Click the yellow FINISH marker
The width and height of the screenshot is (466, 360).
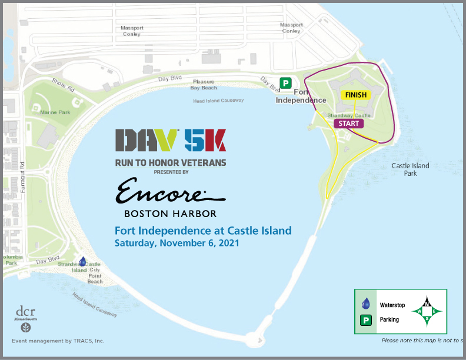[x=355, y=95]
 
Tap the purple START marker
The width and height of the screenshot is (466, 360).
[x=348, y=124]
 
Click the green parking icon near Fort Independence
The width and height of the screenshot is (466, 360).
[x=285, y=83]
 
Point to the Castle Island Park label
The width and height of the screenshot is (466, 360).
[x=411, y=169]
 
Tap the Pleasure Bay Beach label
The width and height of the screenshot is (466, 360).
[x=204, y=85]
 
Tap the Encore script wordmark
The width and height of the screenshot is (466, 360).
[x=170, y=192]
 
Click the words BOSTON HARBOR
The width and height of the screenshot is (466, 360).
[x=171, y=213]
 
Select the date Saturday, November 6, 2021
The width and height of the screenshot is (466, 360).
[x=177, y=242]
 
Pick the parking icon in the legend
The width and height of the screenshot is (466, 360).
[x=365, y=320]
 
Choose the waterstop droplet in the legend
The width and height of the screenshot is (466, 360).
[x=365, y=304]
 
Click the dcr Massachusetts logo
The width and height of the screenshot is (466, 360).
[x=26, y=318]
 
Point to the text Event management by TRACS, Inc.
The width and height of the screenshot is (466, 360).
[x=58, y=341]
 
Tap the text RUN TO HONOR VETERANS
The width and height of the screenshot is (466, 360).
[x=171, y=162]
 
